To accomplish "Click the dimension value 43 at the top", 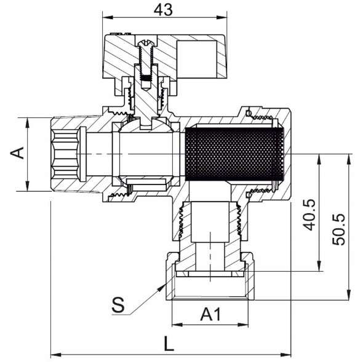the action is click(163, 10).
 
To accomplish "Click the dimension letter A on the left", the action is click(17, 153).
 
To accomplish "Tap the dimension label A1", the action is click(210, 314).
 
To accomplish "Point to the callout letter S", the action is click(118, 305).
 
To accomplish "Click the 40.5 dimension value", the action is click(309, 214).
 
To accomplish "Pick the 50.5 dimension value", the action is click(338, 229).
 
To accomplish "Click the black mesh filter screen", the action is click(234, 154).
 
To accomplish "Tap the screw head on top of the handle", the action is click(145, 43).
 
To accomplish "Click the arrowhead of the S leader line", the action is click(162, 288).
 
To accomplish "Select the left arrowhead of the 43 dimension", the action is click(108, 17).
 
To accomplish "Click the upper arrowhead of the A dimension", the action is click(28, 123).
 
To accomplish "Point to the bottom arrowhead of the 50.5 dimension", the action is click(348, 295).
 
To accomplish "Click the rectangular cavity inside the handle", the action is click(197, 59).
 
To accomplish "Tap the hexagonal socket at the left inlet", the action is click(65, 154).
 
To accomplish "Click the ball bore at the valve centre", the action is click(146, 154).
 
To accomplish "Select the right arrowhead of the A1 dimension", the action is click(243, 325).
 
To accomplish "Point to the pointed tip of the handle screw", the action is click(145, 90).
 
